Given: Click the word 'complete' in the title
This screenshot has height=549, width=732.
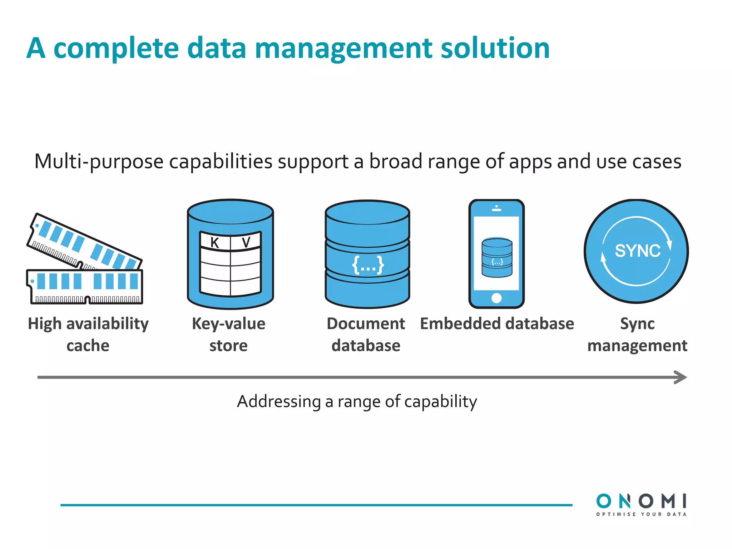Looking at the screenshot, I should (x=116, y=49).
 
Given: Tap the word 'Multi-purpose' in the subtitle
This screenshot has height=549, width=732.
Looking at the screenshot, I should (x=99, y=162).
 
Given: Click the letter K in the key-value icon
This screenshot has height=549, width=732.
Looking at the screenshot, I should (x=214, y=243).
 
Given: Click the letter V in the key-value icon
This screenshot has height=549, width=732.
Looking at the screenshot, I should (x=246, y=242).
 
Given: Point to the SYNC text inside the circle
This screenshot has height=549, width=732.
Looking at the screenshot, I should (x=637, y=251).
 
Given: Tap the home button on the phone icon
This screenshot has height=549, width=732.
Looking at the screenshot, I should (x=496, y=298).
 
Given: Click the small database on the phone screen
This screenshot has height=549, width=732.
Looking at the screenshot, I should (x=497, y=257).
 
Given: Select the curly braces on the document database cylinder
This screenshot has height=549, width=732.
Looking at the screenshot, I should (x=368, y=265).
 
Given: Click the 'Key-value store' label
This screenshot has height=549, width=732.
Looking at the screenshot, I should (x=229, y=335).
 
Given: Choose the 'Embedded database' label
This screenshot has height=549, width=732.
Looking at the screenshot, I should (x=497, y=324).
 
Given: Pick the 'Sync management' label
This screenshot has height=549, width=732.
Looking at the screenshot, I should (x=637, y=335).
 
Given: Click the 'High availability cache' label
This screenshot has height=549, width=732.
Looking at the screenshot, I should (x=88, y=335).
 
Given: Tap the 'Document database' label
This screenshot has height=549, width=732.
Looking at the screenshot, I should (x=366, y=335).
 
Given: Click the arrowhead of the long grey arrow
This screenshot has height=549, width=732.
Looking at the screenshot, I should (x=681, y=377).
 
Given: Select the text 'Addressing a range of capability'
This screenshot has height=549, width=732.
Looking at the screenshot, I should (x=357, y=401).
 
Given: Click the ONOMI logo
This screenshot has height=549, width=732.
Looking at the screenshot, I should (x=641, y=501).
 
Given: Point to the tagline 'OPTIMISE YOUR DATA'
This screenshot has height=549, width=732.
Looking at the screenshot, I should (x=641, y=514).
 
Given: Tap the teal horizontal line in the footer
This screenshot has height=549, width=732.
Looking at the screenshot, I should (x=316, y=505).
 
